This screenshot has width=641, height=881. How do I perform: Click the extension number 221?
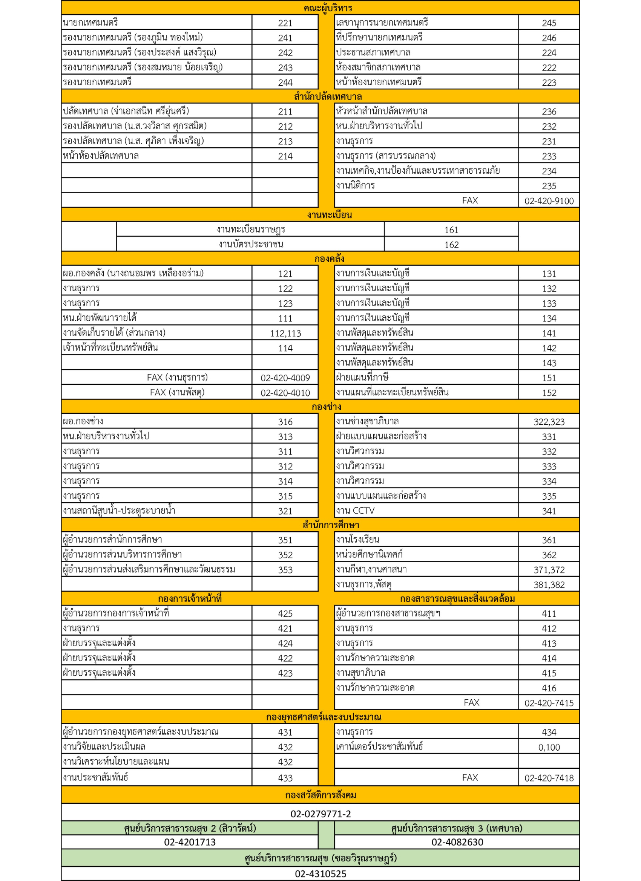click(285, 23)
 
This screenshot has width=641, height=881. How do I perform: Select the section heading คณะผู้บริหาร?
click(328, 8)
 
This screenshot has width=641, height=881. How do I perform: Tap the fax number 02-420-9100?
click(549, 201)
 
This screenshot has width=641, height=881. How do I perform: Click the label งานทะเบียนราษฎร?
click(251, 229)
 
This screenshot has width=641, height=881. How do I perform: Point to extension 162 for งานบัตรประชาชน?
click(451, 245)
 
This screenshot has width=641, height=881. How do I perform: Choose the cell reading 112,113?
click(285, 333)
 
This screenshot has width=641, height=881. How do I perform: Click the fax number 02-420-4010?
click(285, 393)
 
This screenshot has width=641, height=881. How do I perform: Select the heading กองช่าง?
click(326, 407)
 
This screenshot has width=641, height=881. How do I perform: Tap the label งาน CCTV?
click(355, 511)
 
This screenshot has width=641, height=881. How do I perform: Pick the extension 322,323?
click(549, 422)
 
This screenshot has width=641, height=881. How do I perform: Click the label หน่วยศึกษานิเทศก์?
click(369, 555)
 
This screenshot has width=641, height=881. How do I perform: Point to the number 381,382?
click(549, 584)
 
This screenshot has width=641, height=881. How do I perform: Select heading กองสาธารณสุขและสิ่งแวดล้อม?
click(457, 599)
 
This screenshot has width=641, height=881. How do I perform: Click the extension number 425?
click(285, 614)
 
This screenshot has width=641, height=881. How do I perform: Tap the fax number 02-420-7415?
click(549, 703)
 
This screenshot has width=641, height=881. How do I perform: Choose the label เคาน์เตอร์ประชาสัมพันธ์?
click(379, 746)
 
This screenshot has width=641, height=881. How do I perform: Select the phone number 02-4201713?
click(190, 842)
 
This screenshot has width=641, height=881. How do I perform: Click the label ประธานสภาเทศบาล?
click(373, 52)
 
